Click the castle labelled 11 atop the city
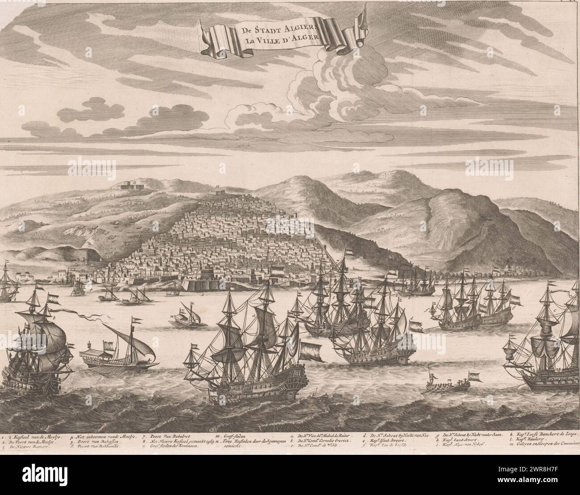click(x=217, y=191)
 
